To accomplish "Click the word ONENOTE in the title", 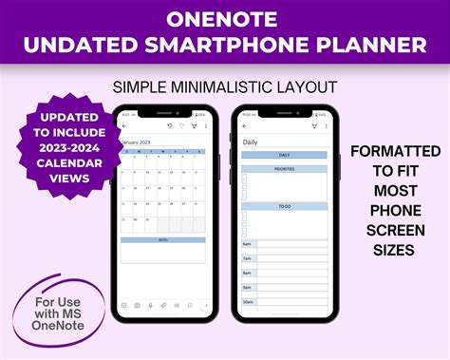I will tap(224, 17).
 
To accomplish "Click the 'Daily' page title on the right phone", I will tap(251, 142).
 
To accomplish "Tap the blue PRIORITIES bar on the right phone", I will tap(285, 168).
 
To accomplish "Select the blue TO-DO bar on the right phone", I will tap(285, 206).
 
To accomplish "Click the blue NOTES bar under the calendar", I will tap(162, 240).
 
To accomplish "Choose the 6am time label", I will tap(247, 243).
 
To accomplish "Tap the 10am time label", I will tap(248, 302).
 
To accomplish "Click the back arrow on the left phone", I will tap(124, 125).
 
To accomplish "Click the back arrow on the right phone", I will tap(245, 125).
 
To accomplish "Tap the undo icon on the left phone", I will tap(169, 125).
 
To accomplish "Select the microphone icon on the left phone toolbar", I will tap(150, 305).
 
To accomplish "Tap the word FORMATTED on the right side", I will tap(395, 151).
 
